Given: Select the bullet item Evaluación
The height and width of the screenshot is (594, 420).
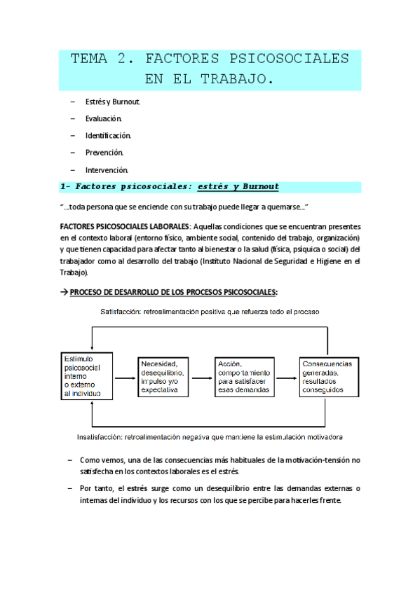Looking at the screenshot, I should click(104, 118).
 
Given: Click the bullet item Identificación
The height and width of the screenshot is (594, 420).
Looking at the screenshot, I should click(108, 135).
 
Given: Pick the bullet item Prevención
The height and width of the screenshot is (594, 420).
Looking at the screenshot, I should click(104, 152).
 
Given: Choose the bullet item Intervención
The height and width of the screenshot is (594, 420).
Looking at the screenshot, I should click(107, 170).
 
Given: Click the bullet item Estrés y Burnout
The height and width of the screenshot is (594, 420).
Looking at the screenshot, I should click(113, 102).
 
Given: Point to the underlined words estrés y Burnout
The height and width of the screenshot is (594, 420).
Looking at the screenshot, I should click(238, 186).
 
